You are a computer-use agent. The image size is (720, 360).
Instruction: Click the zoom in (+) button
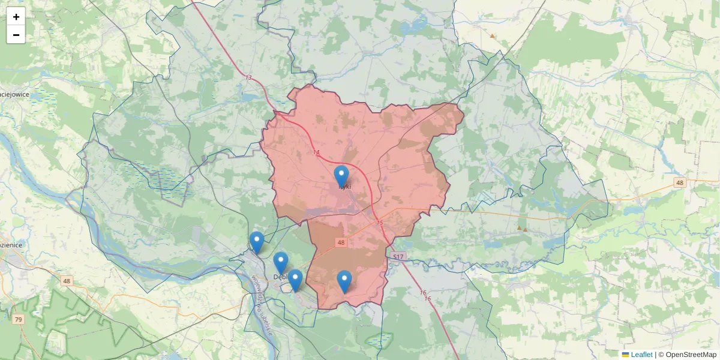pos(16,17)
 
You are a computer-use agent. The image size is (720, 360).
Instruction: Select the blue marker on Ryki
pos(341,176)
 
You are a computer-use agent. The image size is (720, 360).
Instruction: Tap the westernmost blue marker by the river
pos(257,242)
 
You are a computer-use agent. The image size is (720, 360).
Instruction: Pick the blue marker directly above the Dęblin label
pos(281,263)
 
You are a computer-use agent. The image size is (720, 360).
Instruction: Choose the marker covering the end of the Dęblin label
pos(295,280)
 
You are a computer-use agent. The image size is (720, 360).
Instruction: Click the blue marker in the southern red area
pos(344,281)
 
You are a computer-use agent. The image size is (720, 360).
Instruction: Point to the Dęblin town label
pos(280,277)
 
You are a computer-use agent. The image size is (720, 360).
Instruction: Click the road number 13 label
pos(248,77)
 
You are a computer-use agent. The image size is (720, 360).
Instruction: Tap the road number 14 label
pos(316,152)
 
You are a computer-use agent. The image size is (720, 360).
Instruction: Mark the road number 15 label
pos(379,223)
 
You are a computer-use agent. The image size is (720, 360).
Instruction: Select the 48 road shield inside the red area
pos(341,242)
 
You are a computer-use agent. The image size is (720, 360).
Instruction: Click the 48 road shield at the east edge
pos(679,182)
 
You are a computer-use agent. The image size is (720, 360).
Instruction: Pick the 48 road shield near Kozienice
pos(66,281)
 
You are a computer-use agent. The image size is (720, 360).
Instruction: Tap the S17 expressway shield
pos(398,257)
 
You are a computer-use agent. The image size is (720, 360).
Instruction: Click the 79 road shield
pos(19,319)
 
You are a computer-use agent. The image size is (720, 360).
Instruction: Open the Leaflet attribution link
pos(641,355)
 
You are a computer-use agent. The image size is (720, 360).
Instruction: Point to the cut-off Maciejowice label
pos(15,94)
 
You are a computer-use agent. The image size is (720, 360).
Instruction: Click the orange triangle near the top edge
pos(493,36)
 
